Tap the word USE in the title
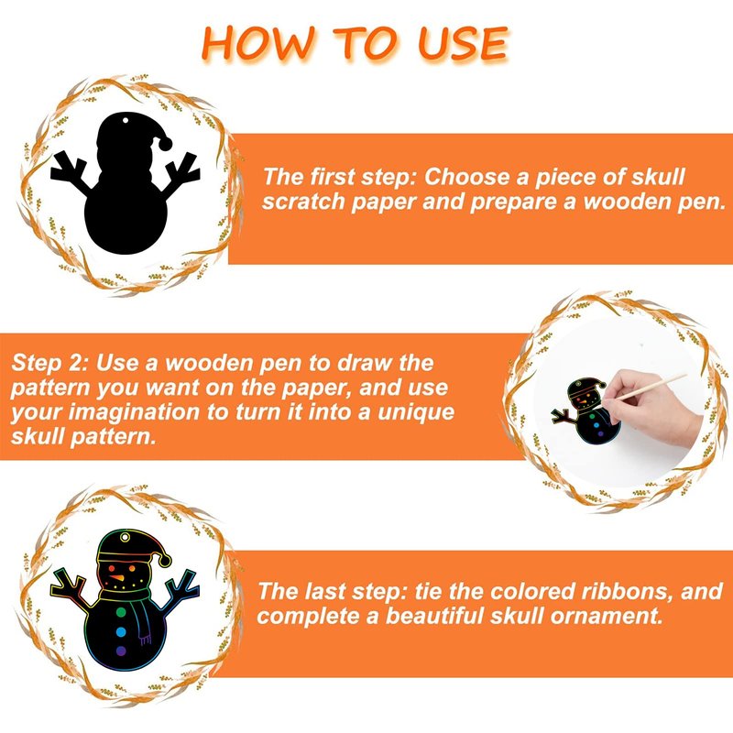click(463, 43)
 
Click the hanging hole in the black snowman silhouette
click(126, 121)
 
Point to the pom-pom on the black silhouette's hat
click(165, 144)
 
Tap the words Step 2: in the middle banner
click(50, 363)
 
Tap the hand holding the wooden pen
click(650, 408)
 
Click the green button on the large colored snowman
click(121, 612)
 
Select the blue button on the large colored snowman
click(121, 632)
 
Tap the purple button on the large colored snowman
click(121, 651)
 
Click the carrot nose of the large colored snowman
click(117, 578)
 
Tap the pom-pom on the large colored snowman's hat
click(165, 561)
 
